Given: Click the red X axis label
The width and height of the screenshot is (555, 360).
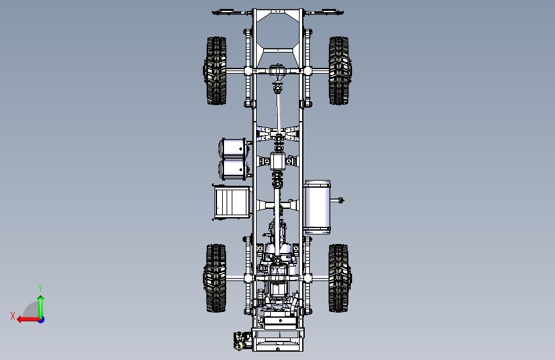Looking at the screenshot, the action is (13, 315).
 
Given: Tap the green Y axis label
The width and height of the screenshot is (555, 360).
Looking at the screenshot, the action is (40, 288).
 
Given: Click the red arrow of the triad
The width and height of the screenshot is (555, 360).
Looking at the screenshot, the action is (26, 319).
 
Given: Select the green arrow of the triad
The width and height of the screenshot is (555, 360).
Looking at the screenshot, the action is (40, 304).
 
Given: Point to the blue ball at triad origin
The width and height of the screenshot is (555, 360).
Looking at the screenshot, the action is (40, 319).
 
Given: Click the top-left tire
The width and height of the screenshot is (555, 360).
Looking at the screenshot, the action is (216, 70).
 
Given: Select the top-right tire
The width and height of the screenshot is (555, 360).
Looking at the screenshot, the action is (339, 70).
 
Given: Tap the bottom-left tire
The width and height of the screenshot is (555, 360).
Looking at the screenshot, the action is (216, 278).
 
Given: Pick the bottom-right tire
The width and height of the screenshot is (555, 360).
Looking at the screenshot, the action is (339, 278).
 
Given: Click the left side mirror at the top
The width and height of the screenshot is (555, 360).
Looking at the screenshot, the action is (228, 12).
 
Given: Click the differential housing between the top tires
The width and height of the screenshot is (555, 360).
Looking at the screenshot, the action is (278, 72).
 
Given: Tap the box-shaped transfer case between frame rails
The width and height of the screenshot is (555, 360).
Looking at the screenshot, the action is (278, 161).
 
